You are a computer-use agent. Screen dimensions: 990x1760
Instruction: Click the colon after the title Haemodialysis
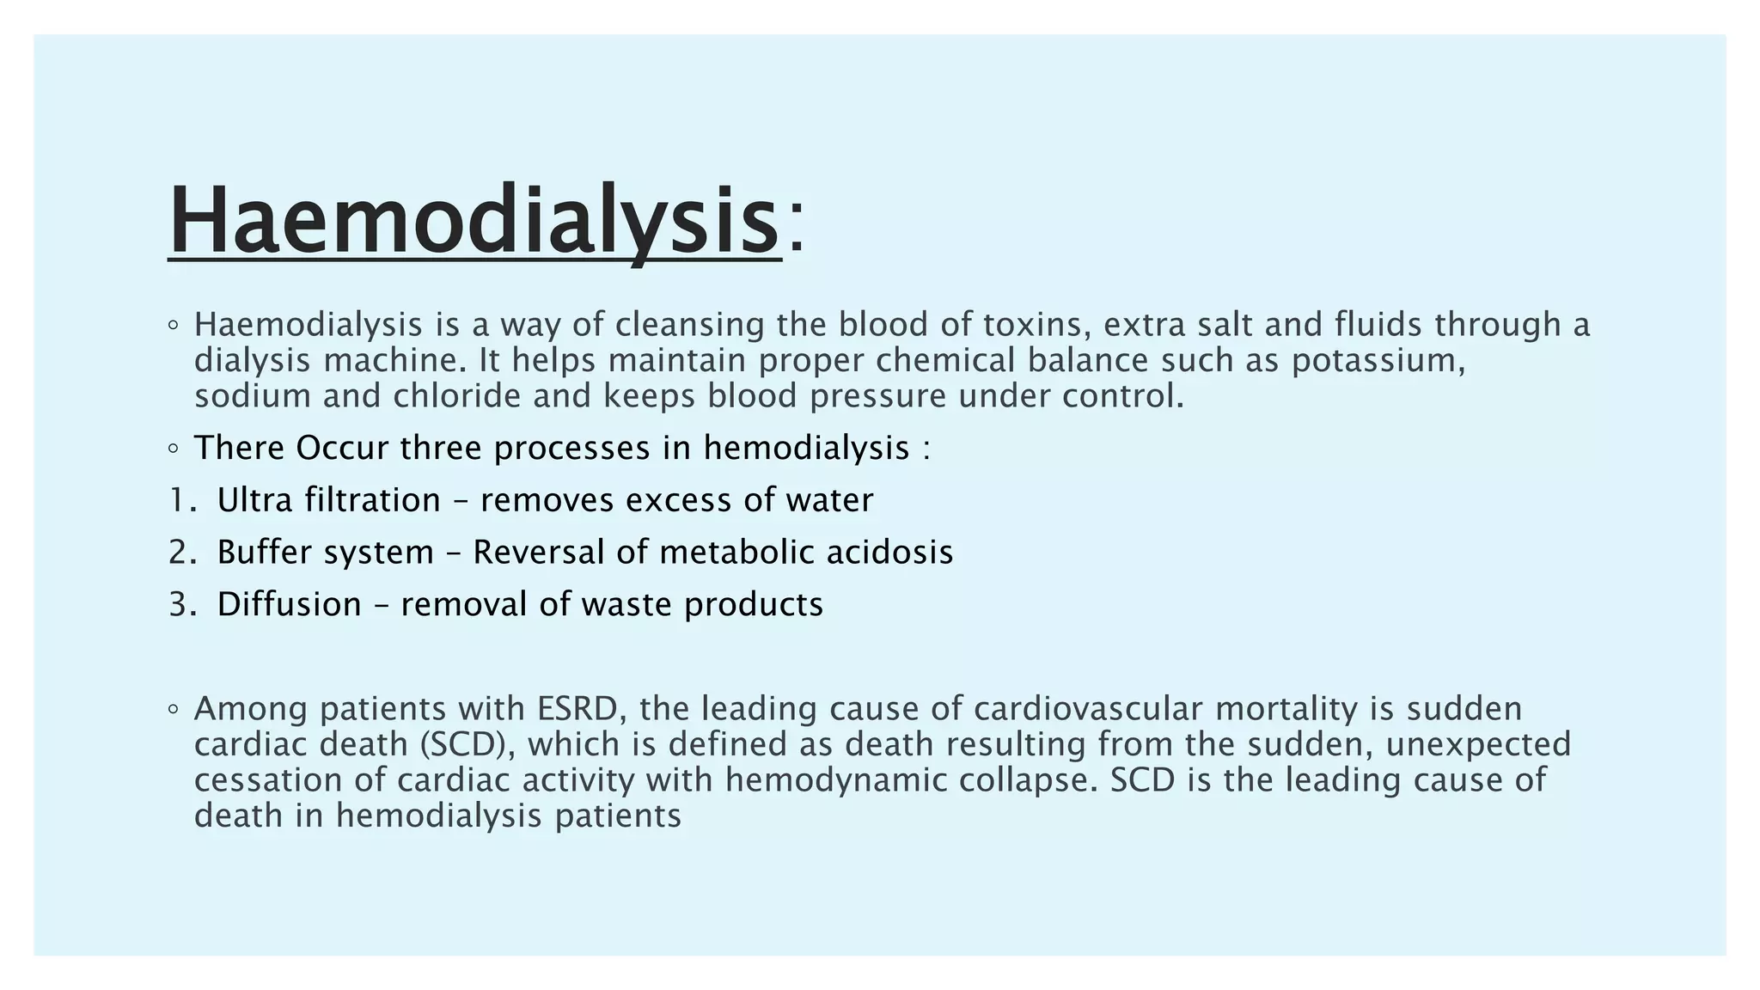(x=797, y=230)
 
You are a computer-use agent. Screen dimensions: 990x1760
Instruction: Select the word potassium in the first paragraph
(x=1377, y=360)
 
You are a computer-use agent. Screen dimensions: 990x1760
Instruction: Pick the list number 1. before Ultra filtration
(x=182, y=500)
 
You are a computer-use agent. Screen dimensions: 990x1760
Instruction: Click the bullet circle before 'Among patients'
(x=174, y=710)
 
